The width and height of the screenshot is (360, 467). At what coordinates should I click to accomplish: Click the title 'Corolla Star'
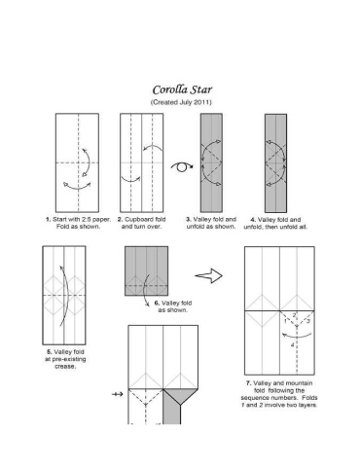coord(182,90)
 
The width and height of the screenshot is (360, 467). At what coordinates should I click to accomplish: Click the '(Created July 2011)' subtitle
coord(181,102)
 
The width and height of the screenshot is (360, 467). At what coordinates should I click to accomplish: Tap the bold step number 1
coord(48,219)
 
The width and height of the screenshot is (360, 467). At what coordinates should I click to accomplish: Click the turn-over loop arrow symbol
coord(182,166)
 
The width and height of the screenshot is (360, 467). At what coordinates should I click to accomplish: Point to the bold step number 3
coord(188,219)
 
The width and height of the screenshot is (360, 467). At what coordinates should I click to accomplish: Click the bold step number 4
coord(253,220)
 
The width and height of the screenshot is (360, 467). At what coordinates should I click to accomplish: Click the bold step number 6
coord(157,303)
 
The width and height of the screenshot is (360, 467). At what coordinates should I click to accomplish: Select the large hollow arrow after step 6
coord(209,276)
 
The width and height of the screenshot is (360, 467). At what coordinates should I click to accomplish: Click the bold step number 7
coord(248,383)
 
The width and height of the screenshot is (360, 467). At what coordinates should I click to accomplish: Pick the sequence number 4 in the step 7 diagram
coord(292,345)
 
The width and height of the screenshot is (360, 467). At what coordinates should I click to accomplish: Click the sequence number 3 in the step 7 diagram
coord(307,321)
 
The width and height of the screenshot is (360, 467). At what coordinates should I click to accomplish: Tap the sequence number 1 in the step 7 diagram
coord(285,321)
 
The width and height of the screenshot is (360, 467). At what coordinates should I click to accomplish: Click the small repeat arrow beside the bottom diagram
coord(118,394)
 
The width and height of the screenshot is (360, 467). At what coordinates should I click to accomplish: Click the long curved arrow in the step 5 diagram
coord(66,295)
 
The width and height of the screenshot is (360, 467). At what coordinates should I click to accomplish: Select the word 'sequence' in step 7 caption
coord(254,398)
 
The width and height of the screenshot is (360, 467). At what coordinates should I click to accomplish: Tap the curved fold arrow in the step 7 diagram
coord(297,336)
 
